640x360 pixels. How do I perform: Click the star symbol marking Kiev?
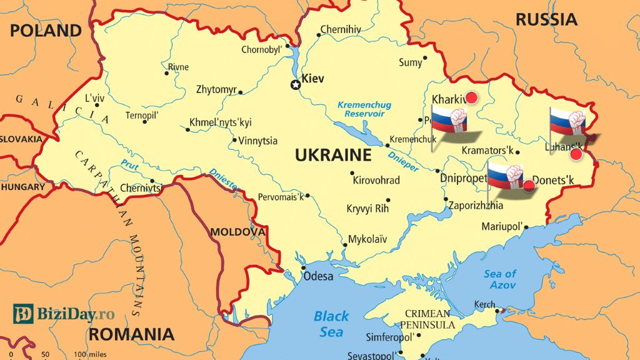click(x=295, y=85)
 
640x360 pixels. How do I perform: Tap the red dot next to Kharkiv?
click(x=472, y=97)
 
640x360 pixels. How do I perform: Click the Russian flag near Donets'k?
click(x=506, y=176)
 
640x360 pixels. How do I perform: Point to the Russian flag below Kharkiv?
click(x=449, y=121)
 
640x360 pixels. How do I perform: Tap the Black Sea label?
click(x=331, y=324)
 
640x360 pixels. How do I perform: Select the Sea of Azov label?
click(x=500, y=279)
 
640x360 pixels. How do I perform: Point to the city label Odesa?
click(x=318, y=276)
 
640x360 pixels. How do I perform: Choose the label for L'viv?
click(x=96, y=98)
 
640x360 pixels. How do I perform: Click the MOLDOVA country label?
click(x=237, y=232)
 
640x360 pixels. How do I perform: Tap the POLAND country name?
click(x=46, y=31)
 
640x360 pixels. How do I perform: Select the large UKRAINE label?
click(x=333, y=155)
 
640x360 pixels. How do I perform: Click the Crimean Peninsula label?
click(x=427, y=319)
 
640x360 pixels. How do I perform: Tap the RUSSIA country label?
click(x=546, y=19)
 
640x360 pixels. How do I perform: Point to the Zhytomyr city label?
click(x=216, y=89)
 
